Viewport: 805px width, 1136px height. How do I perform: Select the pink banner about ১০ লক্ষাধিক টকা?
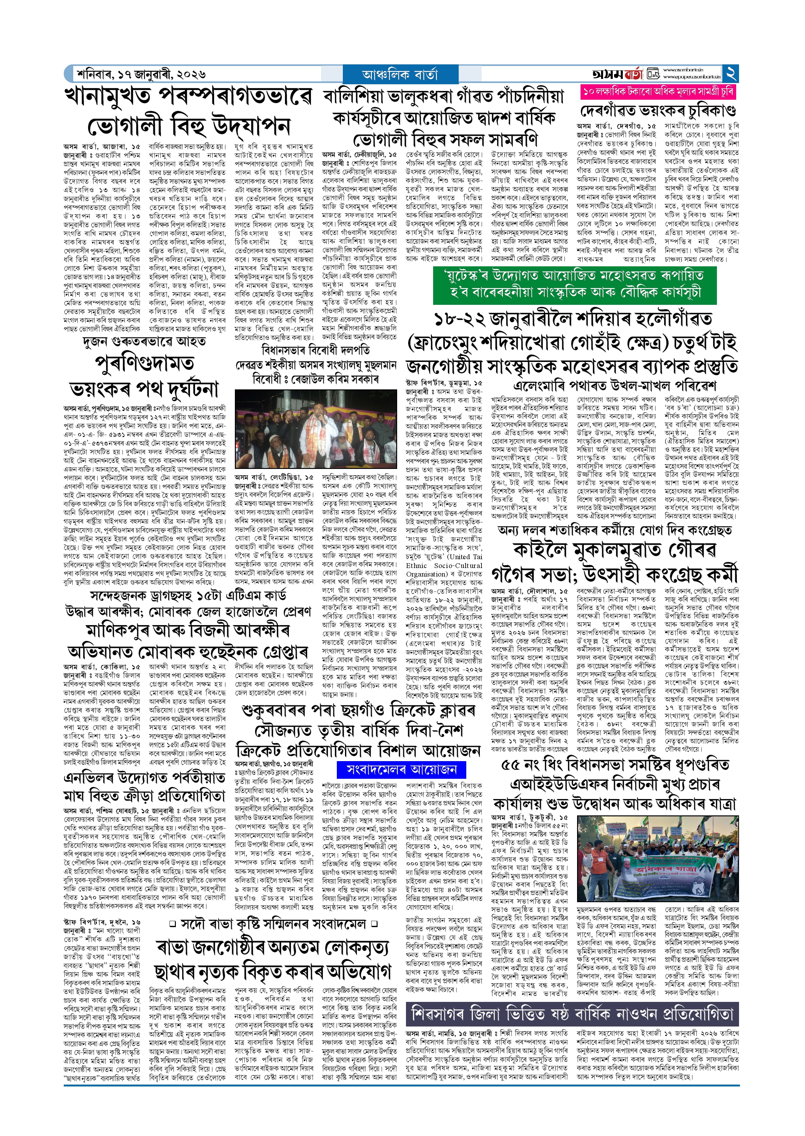(x=658, y=92)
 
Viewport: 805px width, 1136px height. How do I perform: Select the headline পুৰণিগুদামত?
(x=144, y=363)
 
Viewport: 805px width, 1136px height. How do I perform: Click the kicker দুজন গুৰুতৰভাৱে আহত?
(x=144, y=341)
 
